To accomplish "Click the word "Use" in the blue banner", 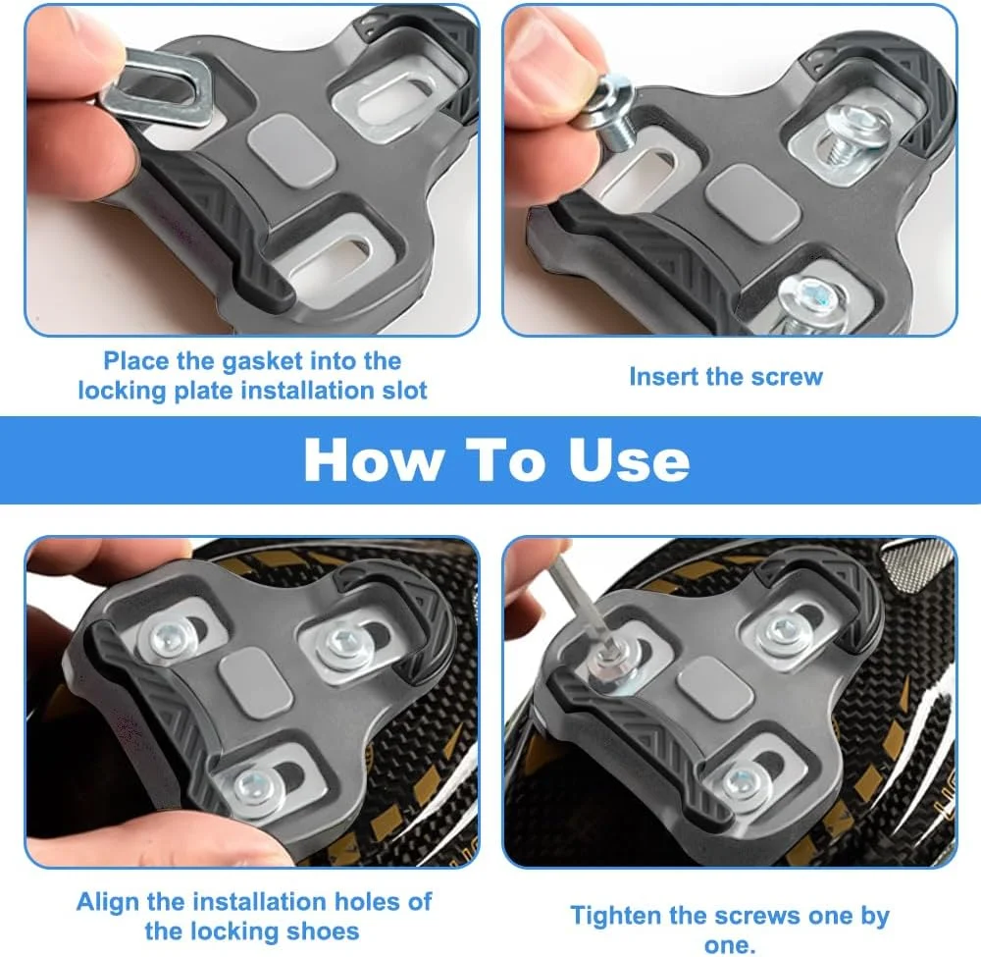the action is pyautogui.click(x=629, y=459).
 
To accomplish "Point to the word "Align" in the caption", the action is pyautogui.click(x=108, y=903).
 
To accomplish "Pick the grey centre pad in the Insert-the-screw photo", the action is pyautogui.click(x=752, y=201).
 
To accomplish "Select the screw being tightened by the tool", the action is pyautogui.click(x=610, y=665).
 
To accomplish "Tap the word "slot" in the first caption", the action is pyautogui.click(x=404, y=391).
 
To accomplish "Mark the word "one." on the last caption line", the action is pyautogui.click(x=730, y=945).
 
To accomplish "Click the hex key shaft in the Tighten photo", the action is pyautogui.click(x=580, y=604).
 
